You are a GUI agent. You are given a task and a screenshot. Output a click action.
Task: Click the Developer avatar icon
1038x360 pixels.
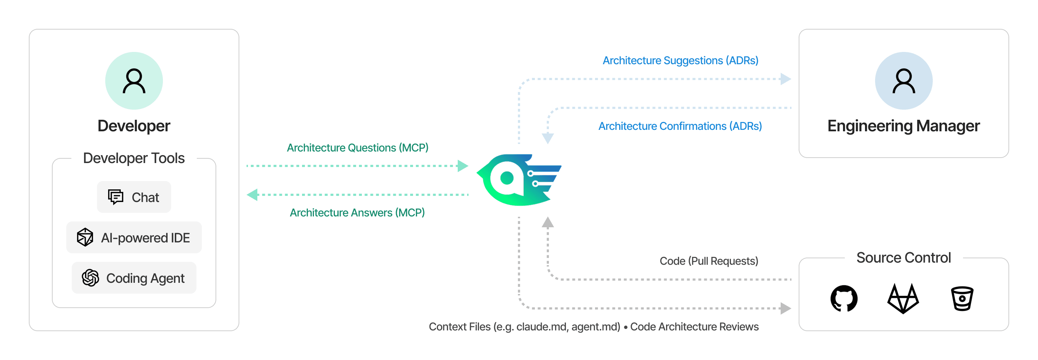[x=134, y=81]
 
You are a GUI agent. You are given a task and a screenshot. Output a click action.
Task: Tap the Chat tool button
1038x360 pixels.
[x=134, y=197]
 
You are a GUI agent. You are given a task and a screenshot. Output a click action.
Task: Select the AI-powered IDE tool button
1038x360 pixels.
[x=134, y=237]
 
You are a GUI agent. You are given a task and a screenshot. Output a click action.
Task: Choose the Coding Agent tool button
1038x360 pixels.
[x=134, y=278]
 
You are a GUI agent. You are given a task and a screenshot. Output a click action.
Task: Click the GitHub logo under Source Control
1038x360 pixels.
[x=844, y=298]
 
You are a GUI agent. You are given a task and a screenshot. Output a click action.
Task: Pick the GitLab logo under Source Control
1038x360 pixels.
[x=903, y=299]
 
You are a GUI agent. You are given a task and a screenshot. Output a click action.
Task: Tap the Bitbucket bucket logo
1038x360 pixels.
[x=962, y=299]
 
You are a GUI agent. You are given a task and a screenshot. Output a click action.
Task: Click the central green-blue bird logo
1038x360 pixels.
[x=519, y=180]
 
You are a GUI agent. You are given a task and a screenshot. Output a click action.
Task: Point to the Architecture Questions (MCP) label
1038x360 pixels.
[x=358, y=148]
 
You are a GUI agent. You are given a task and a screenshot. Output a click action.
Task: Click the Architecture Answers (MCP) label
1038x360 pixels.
[x=358, y=212]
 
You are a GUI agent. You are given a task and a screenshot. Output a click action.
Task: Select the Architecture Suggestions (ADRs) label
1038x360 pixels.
[x=680, y=61]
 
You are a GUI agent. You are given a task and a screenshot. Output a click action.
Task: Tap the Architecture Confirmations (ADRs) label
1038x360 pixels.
[x=680, y=126]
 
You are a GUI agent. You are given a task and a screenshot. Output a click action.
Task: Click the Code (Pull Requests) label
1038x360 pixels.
[x=709, y=261]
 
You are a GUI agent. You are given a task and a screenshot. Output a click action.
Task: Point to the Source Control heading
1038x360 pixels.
[x=904, y=258]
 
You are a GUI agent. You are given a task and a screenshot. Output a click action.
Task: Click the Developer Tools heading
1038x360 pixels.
[x=134, y=158]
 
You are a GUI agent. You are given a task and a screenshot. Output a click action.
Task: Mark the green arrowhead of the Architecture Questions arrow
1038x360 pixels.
[x=462, y=166]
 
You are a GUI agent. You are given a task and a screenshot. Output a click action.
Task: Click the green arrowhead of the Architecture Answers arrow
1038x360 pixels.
[x=253, y=195]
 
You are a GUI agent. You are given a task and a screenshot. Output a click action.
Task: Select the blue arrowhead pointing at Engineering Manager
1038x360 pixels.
[x=785, y=79]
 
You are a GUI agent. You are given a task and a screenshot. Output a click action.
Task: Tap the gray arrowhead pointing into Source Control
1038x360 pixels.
[x=785, y=308]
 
